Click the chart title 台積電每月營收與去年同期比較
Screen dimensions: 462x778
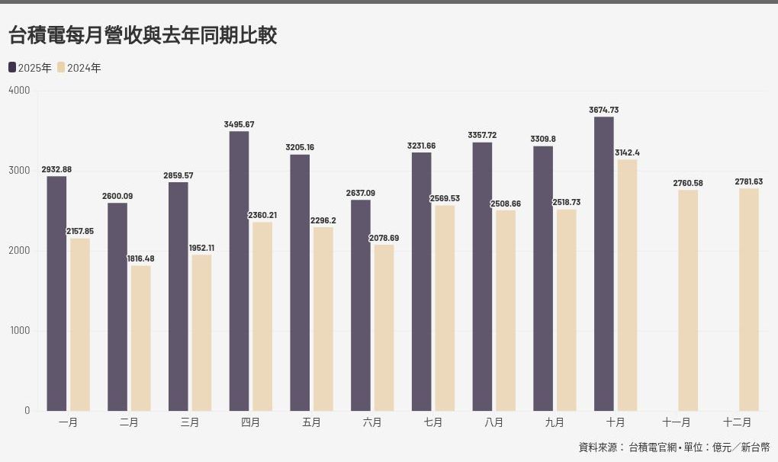click(143, 35)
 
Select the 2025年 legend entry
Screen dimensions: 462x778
click(31, 68)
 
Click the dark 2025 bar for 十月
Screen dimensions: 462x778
click(603, 263)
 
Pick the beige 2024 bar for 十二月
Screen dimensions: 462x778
click(749, 300)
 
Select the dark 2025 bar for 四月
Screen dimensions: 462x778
click(239, 271)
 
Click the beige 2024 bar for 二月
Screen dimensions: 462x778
click(140, 338)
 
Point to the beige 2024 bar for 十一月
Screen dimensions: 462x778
click(688, 300)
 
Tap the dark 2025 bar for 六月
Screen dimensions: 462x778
click(361, 305)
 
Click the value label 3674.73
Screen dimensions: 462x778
click(603, 110)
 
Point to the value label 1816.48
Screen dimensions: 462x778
click(140, 258)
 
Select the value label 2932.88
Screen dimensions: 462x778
click(56, 169)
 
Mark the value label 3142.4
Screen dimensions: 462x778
click(628, 152)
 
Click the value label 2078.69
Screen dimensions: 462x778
click(384, 238)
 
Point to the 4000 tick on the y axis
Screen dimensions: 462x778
click(19, 91)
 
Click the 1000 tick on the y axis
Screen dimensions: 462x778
click(19, 331)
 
